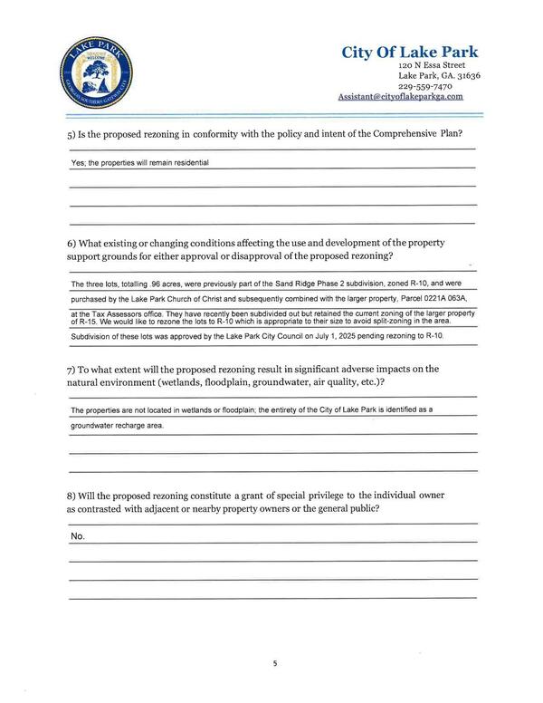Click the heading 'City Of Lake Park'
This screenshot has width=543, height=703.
409,52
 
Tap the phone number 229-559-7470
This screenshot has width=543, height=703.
425,86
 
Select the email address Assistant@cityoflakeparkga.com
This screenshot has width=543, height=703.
400,96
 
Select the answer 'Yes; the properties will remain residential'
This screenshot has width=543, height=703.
140,162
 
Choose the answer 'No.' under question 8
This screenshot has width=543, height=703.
77,536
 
